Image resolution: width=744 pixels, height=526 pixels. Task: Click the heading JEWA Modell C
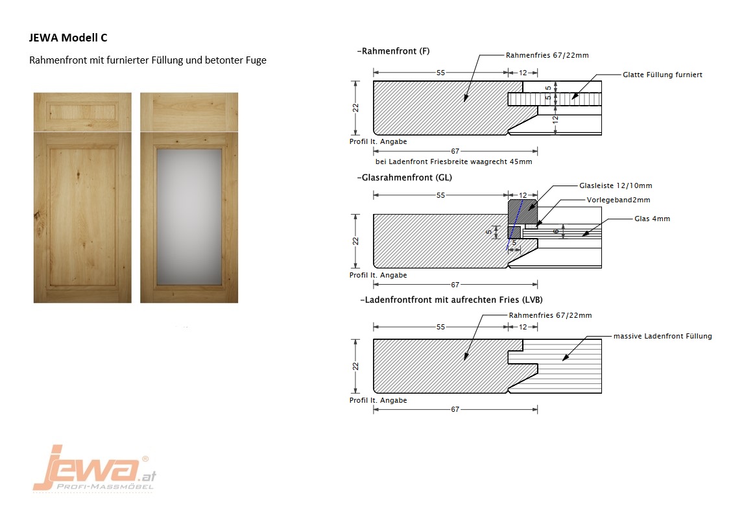coord(68,38)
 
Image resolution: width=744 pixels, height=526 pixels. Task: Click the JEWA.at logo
coord(94,468)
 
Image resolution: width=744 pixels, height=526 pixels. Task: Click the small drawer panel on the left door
coord(82,112)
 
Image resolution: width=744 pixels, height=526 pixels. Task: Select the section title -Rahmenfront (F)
coord(393,51)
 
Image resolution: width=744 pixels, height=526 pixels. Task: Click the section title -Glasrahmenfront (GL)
coord(404,178)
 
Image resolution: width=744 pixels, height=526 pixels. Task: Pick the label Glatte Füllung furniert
coord(662,75)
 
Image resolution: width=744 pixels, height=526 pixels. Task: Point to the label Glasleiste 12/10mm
coord(616,185)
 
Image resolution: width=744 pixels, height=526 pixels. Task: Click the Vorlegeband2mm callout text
coord(618,200)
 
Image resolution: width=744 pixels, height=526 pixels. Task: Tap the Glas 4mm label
coord(652,219)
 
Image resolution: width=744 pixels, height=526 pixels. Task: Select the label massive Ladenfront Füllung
coord(662,336)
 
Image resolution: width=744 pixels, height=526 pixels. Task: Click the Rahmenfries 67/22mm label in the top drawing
coord(547,55)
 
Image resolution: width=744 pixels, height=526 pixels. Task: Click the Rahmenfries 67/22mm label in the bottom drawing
coord(550,315)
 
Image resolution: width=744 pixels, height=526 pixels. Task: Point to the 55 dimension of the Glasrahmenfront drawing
coord(441,195)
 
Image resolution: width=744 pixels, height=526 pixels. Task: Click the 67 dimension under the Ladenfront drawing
coord(455,409)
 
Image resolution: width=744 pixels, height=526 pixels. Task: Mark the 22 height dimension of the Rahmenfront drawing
coord(356,108)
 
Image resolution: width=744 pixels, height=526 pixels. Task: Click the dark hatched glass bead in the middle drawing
coord(522,212)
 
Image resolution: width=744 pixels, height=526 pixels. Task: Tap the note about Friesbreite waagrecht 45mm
coord(453,161)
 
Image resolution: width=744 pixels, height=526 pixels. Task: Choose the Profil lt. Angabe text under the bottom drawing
coord(378,400)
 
